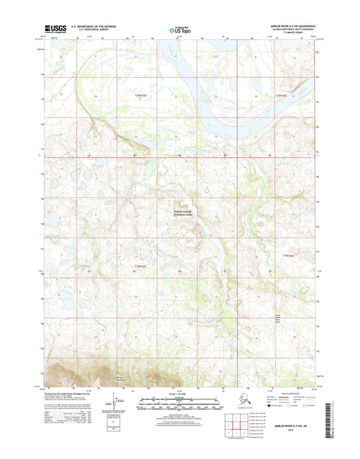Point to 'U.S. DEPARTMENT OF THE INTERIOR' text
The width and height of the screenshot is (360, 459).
click(x=91, y=26)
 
